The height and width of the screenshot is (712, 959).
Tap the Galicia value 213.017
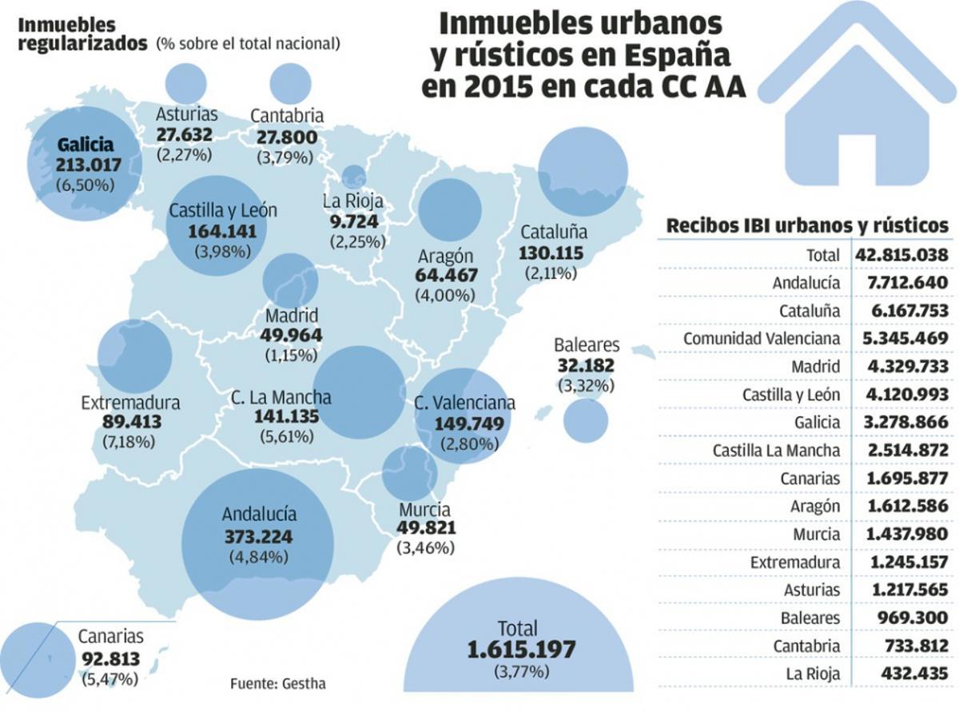click(88, 165)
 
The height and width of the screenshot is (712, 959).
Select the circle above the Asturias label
click(185, 83)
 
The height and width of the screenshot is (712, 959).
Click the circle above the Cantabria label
click(290, 83)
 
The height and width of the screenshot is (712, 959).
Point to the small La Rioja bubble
click(353, 177)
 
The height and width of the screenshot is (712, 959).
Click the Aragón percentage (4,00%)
click(446, 294)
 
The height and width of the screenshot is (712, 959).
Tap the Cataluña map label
click(553, 233)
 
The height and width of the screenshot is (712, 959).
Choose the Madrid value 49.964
click(292, 335)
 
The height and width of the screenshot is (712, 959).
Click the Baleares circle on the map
click(586, 420)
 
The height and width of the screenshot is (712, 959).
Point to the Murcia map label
click(424, 509)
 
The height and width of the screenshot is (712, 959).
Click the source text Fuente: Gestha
click(277, 684)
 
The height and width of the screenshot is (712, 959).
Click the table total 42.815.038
click(902, 255)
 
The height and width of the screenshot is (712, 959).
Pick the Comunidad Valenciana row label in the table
click(761, 339)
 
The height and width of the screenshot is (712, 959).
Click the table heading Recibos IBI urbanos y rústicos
click(807, 226)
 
